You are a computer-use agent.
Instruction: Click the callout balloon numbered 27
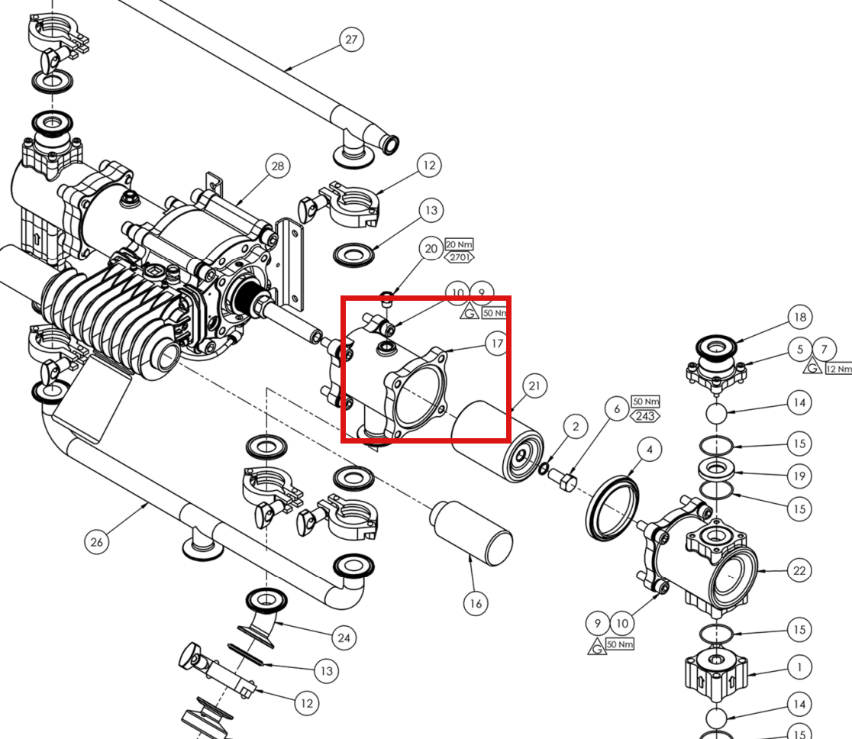pos(351,40)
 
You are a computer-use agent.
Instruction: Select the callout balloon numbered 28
pos(277,166)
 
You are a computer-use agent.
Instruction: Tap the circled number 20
pos(431,249)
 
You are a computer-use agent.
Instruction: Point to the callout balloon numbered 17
pos(497,344)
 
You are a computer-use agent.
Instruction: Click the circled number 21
pos(534,386)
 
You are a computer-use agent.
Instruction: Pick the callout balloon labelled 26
pos(97,542)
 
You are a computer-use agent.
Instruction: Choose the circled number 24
pos(344,638)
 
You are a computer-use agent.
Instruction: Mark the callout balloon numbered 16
pos(476,604)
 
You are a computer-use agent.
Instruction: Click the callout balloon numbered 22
pos(799,570)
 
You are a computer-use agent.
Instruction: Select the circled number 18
pos(800,318)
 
